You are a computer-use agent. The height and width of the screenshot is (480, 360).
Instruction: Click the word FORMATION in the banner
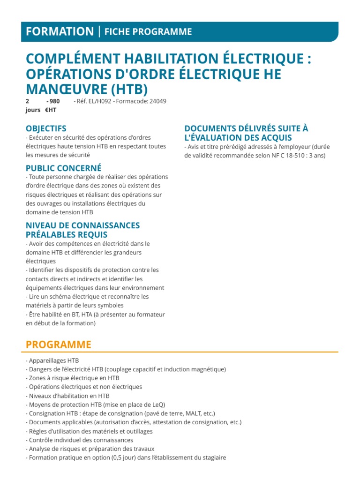[60, 31]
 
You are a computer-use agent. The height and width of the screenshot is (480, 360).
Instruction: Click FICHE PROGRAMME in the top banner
[148, 31]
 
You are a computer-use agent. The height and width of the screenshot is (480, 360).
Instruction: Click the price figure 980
[54, 101]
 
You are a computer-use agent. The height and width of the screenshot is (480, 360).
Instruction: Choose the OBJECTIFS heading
[46, 128]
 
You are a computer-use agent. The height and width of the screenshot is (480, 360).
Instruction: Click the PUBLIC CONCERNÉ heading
[63, 168]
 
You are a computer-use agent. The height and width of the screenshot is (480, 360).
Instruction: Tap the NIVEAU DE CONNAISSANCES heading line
[82, 225]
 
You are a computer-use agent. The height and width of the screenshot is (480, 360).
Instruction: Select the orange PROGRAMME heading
[59, 345]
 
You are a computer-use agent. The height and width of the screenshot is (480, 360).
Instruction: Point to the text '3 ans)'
[316, 155]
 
